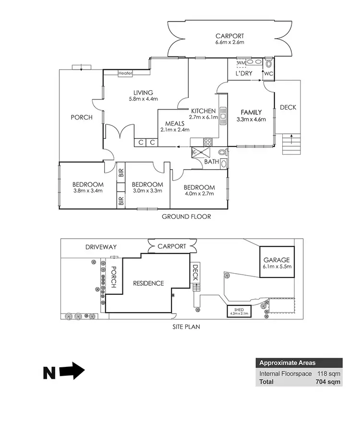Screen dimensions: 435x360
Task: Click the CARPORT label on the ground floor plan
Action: pos(229,36)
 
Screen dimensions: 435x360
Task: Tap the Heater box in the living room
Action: pos(125,73)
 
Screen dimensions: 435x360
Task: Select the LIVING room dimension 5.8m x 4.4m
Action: pos(144,99)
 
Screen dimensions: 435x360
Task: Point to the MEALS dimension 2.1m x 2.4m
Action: pos(175,129)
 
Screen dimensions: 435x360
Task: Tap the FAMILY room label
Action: pos(251,112)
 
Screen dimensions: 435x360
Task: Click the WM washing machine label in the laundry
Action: pos(241,63)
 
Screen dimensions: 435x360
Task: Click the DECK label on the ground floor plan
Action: pos(288,108)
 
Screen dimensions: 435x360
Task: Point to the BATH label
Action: pos(212,162)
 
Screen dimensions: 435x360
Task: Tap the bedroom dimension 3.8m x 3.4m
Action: pos(88,191)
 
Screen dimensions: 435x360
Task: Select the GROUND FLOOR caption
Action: pos(186,217)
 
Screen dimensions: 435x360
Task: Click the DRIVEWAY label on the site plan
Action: pos(101,247)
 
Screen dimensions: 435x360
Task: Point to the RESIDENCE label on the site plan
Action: pos(148,283)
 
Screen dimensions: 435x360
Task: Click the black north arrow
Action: pos(64,372)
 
